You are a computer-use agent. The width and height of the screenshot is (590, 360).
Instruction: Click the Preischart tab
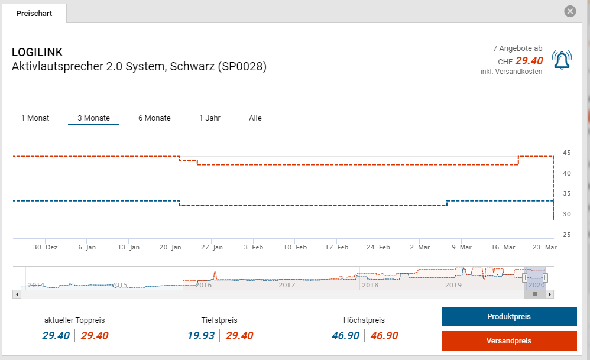click(x=34, y=13)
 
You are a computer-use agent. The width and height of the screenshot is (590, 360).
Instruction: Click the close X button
click(x=570, y=11)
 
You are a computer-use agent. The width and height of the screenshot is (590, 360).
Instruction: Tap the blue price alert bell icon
click(x=562, y=60)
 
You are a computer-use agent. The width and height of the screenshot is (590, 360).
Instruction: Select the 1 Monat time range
click(x=35, y=118)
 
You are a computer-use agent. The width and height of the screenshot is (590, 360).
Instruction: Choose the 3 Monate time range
click(x=93, y=118)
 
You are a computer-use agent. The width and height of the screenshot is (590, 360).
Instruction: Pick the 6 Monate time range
click(x=154, y=118)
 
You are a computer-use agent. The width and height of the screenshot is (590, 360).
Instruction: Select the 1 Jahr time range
click(x=210, y=118)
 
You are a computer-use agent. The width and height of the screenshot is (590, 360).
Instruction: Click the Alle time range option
click(x=255, y=118)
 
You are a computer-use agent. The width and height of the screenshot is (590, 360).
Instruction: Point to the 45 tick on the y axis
click(x=567, y=153)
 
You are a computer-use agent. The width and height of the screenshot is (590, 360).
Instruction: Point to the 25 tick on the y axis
click(x=567, y=235)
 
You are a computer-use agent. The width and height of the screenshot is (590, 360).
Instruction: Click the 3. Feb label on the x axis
click(x=254, y=247)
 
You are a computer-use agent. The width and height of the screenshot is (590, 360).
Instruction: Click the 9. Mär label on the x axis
click(x=461, y=247)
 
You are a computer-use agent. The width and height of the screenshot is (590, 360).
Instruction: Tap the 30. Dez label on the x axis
click(x=46, y=247)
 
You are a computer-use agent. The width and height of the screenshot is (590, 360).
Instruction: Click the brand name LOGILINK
click(x=37, y=53)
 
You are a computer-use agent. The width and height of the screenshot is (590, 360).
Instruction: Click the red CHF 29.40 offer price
click(x=529, y=60)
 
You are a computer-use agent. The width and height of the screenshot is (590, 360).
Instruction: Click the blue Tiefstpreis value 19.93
click(x=201, y=336)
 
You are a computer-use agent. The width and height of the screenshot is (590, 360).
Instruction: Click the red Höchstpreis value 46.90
click(x=384, y=336)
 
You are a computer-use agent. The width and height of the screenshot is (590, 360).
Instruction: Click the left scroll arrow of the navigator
click(x=17, y=294)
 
